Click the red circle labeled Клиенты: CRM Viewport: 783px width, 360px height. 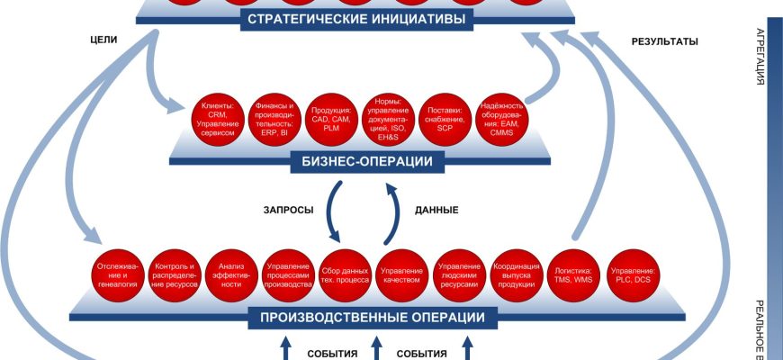tap(216, 118)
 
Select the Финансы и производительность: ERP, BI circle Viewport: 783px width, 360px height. tap(274, 118)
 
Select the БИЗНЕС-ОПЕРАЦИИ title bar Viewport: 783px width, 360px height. tap(363, 162)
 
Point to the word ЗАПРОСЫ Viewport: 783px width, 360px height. tap(288, 210)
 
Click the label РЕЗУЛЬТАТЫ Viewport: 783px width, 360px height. tap(665, 41)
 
